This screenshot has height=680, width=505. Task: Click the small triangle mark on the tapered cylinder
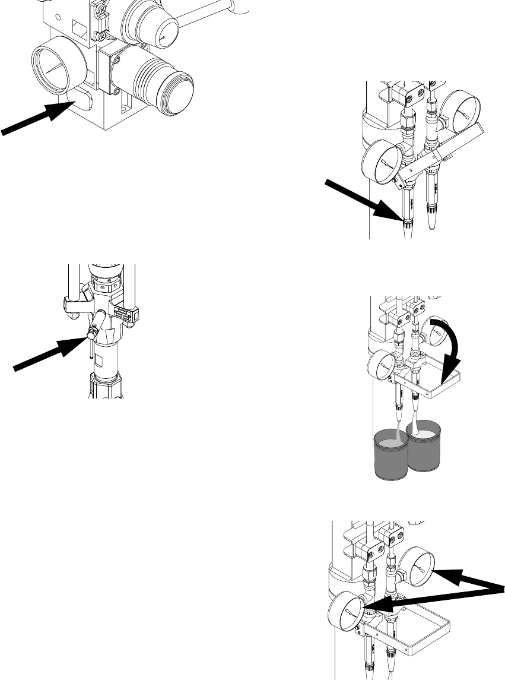click(x=162, y=37)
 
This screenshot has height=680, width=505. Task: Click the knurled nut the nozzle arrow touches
click(x=408, y=225)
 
